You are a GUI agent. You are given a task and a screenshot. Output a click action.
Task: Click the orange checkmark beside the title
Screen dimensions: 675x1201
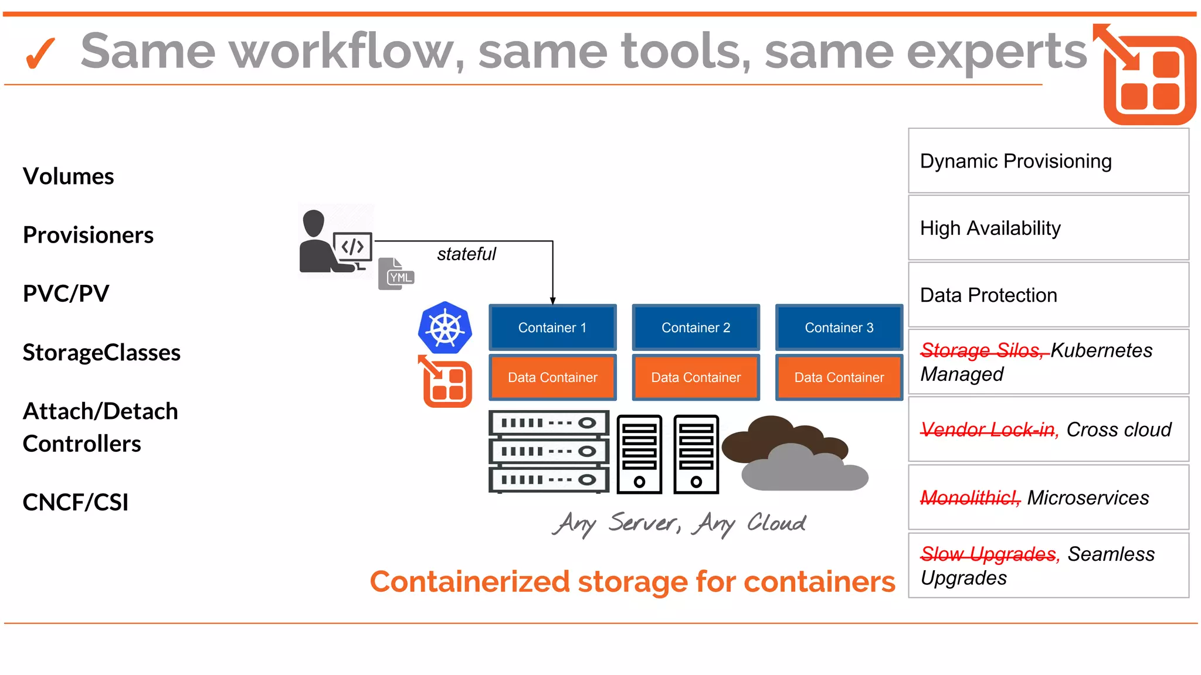[40, 53]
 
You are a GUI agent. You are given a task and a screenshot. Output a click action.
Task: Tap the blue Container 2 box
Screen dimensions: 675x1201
[696, 328]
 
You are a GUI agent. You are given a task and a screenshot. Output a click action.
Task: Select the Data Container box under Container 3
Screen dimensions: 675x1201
[839, 377]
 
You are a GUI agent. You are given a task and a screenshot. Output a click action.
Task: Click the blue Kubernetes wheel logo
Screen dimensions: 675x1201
[445, 328]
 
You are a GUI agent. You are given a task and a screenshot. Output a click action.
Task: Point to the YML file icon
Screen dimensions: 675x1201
[396, 274]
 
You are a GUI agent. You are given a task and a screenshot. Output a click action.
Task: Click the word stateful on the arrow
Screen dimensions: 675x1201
[466, 254]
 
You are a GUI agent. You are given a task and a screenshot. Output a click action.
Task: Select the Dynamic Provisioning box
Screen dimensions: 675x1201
[1048, 161]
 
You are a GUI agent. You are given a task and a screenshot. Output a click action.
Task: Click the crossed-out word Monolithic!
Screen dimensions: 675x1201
[970, 497]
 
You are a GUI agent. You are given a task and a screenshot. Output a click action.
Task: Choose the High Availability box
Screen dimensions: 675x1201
[1048, 228]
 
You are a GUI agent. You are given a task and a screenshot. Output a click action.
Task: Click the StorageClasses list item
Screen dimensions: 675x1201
[101, 352]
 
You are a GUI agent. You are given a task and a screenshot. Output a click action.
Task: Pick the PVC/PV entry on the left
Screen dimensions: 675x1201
[66, 293]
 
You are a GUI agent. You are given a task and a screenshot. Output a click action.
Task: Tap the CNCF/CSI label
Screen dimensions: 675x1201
[75, 502]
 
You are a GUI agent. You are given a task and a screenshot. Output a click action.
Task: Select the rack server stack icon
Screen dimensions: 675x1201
[549, 451]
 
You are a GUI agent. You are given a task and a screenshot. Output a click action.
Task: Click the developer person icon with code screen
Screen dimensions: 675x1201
[335, 241]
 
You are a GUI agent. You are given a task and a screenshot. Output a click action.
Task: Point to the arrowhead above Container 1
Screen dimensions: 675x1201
[552, 300]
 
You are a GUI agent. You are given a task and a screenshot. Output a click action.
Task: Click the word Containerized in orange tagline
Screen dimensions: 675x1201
[469, 581]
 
